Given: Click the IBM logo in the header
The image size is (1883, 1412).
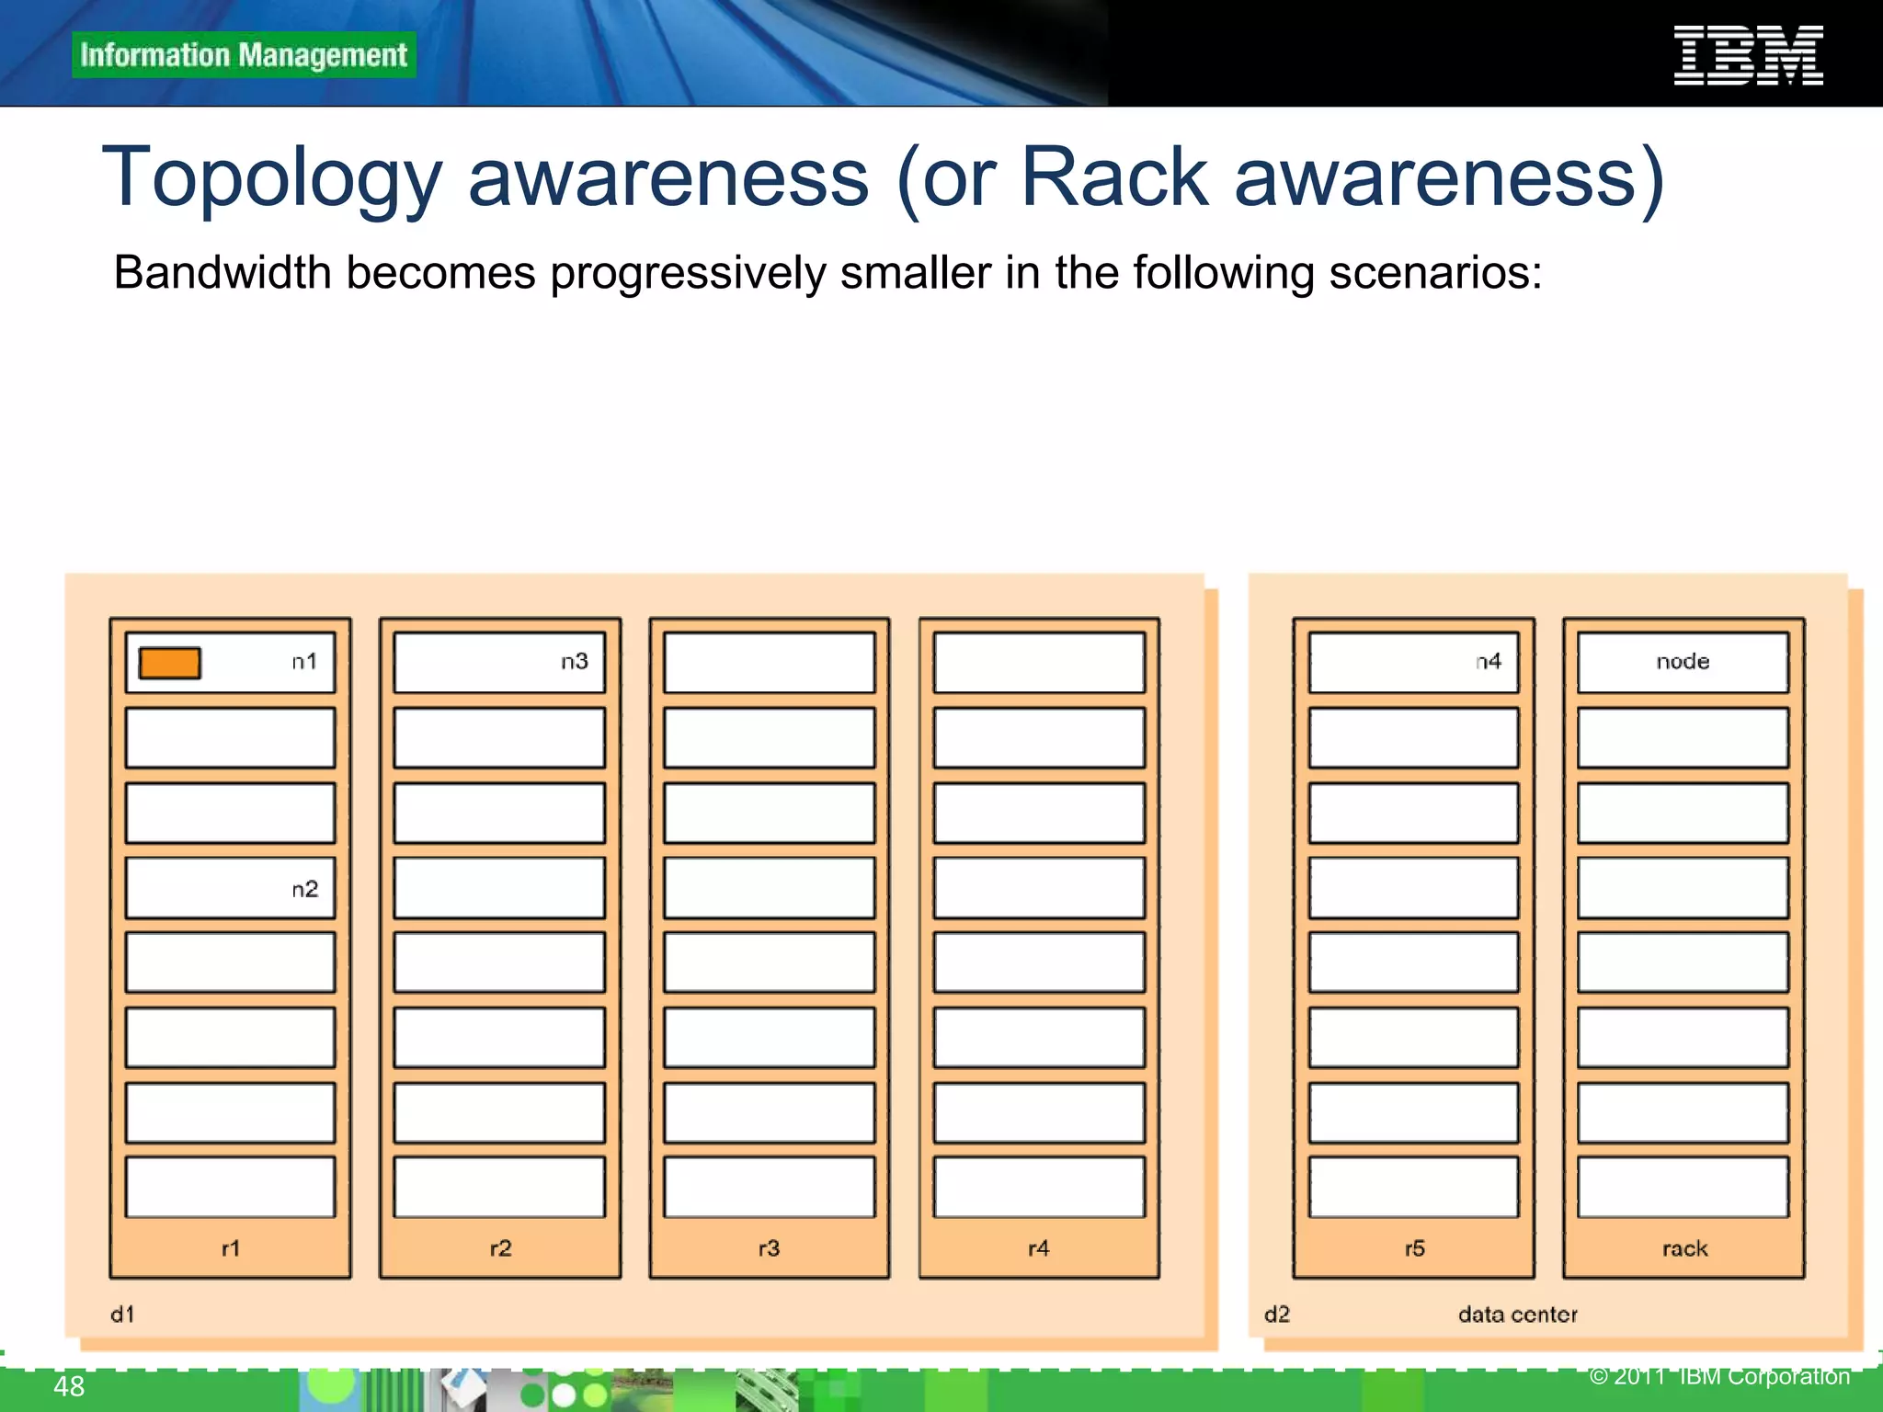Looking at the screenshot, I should [x=1748, y=56].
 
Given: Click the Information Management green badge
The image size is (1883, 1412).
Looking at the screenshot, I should [x=244, y=55].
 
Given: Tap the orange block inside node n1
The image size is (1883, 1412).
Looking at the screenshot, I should [x=170, y=663].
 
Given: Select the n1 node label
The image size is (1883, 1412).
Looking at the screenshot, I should [x=304, y=662].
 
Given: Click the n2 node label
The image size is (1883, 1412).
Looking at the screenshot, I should [x=304, y=889].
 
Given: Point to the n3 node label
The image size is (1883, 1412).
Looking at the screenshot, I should [x=575, y=662].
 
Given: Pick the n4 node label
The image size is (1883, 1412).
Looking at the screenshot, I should [x=1489, y=662].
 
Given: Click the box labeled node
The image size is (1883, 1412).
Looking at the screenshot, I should [x=1683, y=662].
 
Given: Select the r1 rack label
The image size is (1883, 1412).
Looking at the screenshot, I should [x=231, y=1248].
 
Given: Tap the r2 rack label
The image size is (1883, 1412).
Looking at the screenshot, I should [x=500, y=1248].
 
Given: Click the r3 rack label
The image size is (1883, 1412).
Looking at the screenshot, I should [x=770, y=1248].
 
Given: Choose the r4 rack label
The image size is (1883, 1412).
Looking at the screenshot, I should [x=1039, y=1248].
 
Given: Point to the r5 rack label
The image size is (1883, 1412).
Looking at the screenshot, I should [x=1415, y=1248].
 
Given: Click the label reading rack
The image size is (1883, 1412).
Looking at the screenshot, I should [x=1684, y=1248].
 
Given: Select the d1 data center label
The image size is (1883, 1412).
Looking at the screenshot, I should [x=122, y=1315].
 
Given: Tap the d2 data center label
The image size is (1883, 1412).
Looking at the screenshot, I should [x=1277, y=1315].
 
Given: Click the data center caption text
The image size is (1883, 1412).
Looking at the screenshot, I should [x=1517, y=1315].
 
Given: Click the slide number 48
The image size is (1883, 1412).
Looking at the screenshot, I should [x=69, y=1386].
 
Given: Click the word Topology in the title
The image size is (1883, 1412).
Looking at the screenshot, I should [x=272, y=178].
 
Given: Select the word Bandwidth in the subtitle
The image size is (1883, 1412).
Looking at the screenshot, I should [x=222, y=273].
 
